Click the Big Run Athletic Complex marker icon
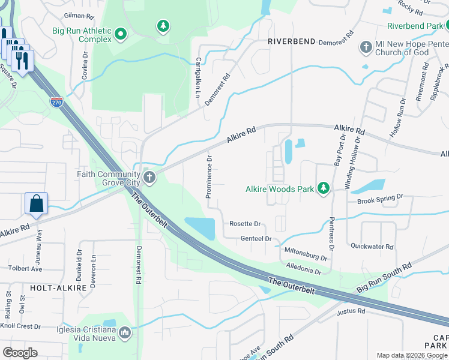point(120,35)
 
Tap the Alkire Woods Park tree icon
point(324,189)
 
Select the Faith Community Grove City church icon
point(149,177)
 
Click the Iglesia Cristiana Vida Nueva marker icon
point(125,332)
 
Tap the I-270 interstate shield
point(56,102)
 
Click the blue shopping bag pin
point(36,204)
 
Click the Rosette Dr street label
point(245,224)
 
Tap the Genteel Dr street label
point(256,239)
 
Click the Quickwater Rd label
point(372,246)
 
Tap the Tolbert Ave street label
point(24,268)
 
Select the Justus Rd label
point(352,311)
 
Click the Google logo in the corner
point(20,352)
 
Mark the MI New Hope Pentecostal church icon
point(366,47)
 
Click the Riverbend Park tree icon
point(447,25)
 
